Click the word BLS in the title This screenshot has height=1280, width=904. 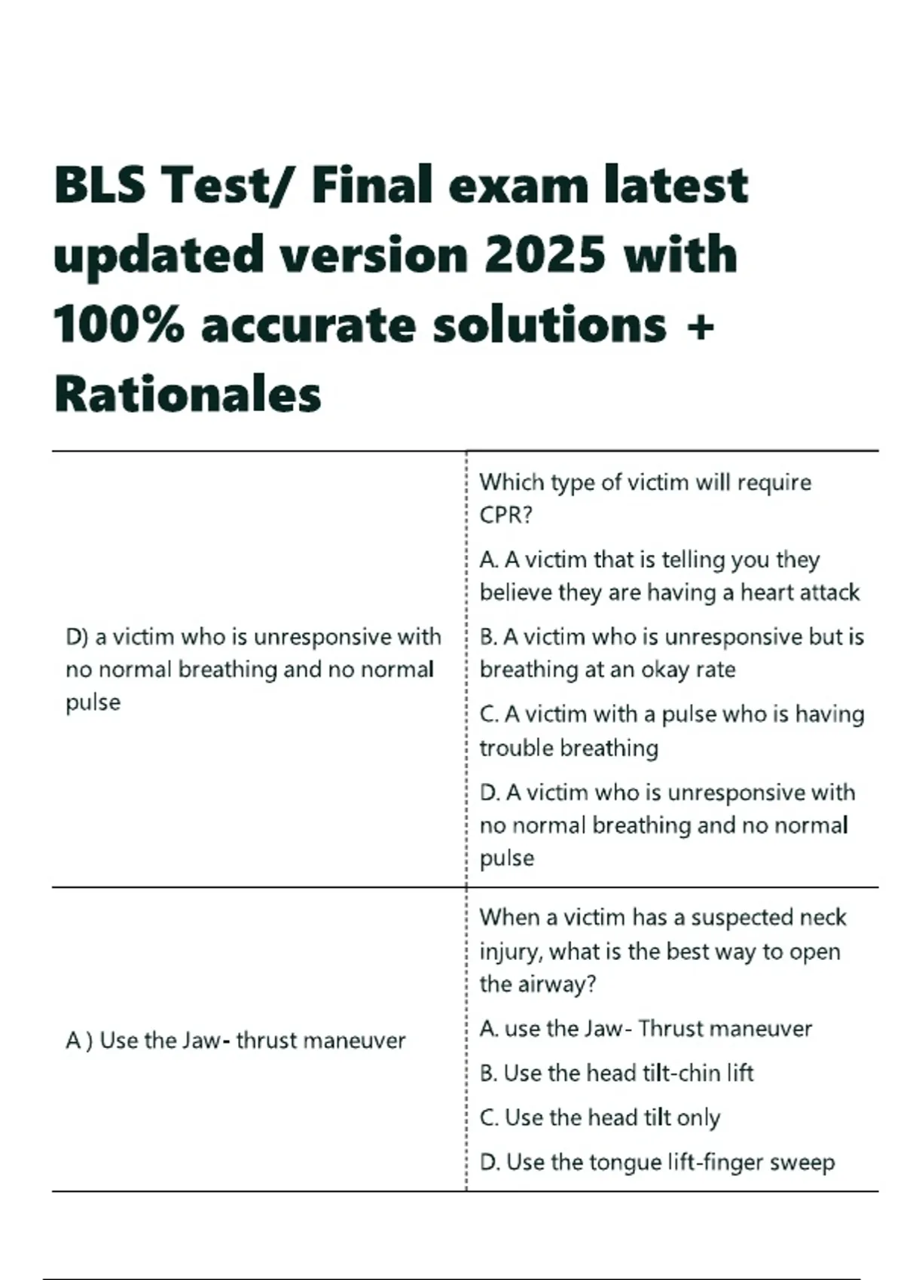[99, 185]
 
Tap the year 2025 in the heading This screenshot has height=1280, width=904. [545, 254]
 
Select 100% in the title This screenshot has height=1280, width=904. [118, 325]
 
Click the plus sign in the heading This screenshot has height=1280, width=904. [701, 326]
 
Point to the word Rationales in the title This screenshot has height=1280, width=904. [188, 395]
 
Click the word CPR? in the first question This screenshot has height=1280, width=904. [506, 515]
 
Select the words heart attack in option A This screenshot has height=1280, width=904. [799, 593]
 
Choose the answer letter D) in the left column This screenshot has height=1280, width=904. [78, 637]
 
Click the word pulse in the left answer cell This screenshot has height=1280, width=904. [93, 702]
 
